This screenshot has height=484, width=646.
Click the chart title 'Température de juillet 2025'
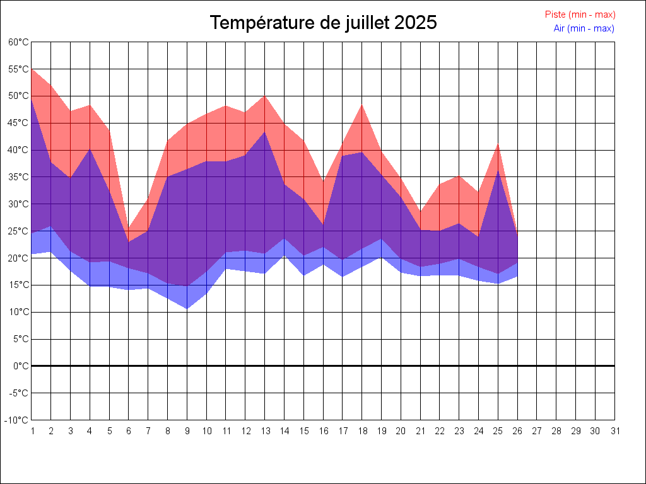(323, 23)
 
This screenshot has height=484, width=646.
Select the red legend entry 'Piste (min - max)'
(580, 14)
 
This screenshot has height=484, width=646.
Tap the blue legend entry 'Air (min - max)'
(584, 28)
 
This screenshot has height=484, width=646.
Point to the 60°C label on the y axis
(19, 42)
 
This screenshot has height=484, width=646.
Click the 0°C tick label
(21, 366)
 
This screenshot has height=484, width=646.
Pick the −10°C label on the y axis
(18, 420)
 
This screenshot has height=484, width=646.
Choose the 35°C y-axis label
(19, 177)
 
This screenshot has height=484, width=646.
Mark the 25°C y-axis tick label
(19, 231)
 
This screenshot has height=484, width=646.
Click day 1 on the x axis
(32, 431)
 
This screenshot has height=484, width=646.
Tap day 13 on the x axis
(265, 431)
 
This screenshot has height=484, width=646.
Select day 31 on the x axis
(615, 431)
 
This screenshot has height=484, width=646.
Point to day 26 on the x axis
(518, 431)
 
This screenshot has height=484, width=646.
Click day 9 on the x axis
(187, 431)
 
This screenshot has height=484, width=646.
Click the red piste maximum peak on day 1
(32, 69)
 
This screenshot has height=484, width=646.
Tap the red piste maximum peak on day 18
(362, 105)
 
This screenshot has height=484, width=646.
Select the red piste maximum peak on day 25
(498, 144)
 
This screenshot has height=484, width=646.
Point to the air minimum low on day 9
(187, 309)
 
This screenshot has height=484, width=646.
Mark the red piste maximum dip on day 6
(129, 229)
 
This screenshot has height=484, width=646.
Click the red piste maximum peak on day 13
(265, 96)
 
